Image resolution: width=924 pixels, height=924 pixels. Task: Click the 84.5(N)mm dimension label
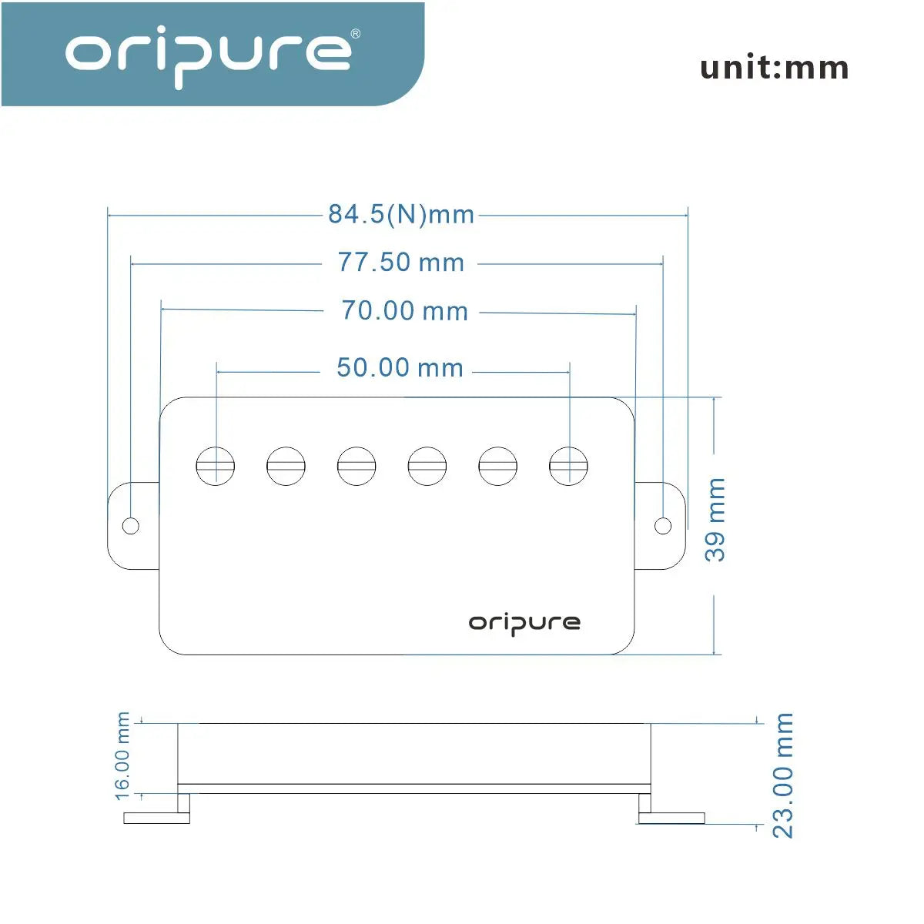coord(401,214)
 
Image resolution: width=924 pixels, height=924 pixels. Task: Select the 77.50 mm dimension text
coord(401,263)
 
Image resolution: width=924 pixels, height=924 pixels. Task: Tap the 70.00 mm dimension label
coord(404,311)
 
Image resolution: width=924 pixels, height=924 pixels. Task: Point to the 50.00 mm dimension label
coord(400,368)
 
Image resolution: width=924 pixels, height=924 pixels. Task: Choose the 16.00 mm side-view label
coord(122,756)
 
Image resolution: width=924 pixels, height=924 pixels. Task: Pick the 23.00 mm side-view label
coord(782,775)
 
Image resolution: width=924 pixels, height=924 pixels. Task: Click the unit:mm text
coord(774,68)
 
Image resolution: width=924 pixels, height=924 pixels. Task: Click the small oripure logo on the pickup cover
coord(524,624)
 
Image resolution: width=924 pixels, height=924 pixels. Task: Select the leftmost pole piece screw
coord(216,466)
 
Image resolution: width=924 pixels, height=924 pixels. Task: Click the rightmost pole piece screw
coord(568,466)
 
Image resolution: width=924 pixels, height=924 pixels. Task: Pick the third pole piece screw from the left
coord(357,466)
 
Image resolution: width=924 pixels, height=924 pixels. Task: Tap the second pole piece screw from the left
coord(286,466)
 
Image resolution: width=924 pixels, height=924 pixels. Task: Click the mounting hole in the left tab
coord(131,526)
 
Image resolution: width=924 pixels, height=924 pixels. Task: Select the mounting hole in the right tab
coord(663,526)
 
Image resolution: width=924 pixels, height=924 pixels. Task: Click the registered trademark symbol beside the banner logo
coord(355,34)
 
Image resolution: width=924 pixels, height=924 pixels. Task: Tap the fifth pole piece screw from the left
coord(497,466)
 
